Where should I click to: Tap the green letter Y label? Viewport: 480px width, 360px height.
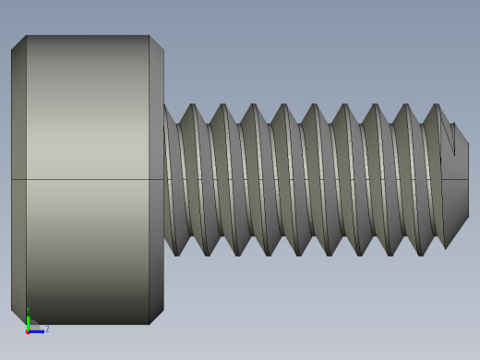click(28, 311)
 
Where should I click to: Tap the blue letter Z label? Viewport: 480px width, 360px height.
click(47, 329)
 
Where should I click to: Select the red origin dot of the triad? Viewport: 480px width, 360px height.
click(28, 330)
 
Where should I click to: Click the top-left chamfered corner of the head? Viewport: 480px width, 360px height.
click(18, 42)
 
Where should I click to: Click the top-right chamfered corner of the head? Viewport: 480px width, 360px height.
click(157, 42)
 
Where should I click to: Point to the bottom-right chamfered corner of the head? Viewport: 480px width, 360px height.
click(157, 317)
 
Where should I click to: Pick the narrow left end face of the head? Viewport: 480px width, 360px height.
click(18, 179)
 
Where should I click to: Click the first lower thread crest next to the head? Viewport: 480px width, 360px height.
click(176, 255)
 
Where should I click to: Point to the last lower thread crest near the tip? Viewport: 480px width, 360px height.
click(420, 255)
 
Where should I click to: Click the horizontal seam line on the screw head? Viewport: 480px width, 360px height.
click(88, 179)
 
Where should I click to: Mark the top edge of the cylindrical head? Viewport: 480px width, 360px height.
click(88, 36)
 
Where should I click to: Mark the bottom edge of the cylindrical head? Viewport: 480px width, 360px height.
click(88, 324)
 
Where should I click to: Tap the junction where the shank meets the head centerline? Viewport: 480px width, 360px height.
click(164, 179)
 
